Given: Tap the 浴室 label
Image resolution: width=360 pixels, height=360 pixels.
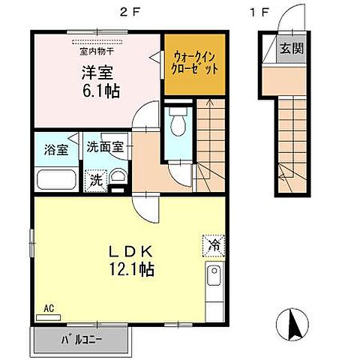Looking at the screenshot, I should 55,148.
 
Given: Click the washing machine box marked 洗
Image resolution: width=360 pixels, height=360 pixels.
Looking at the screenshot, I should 96,179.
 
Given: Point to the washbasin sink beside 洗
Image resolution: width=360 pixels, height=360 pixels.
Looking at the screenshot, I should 118,178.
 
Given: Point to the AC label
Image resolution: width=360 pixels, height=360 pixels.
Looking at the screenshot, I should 49,307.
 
